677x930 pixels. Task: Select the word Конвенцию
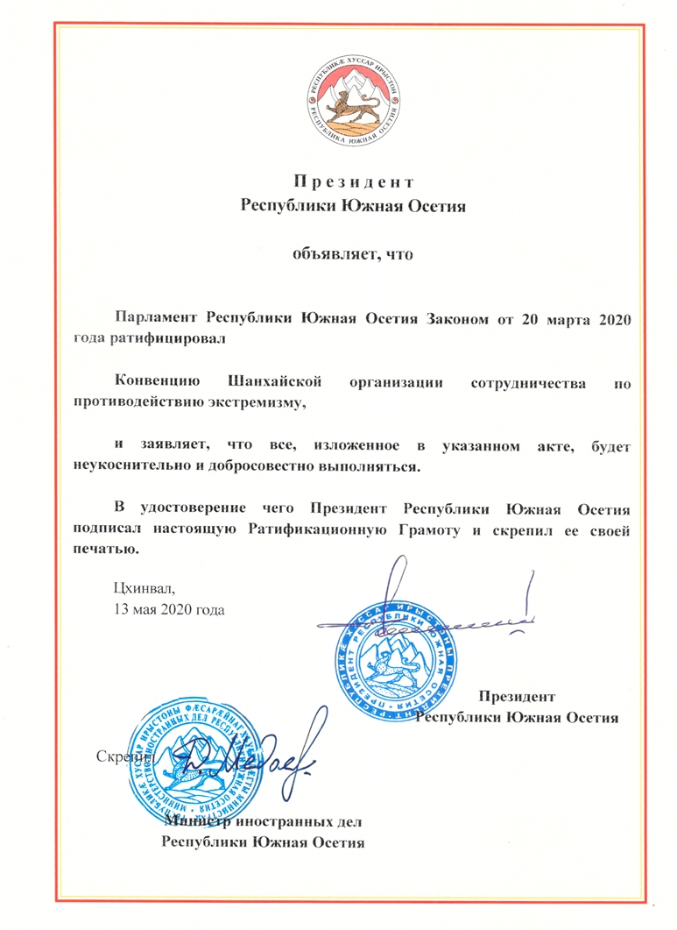click(x=159, y=381)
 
